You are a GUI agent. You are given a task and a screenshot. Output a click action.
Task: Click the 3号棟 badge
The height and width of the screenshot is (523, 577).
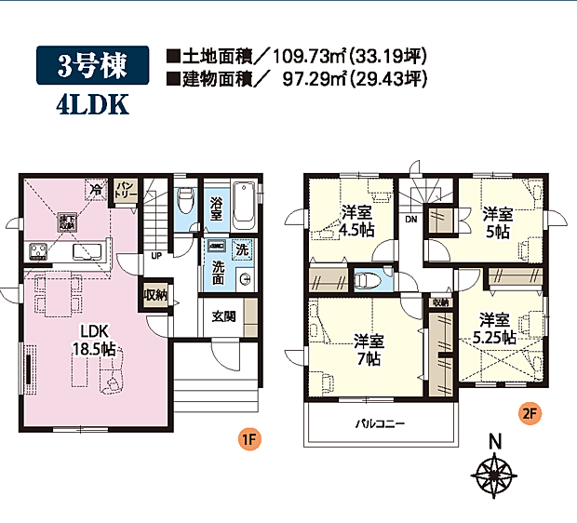(91, 65)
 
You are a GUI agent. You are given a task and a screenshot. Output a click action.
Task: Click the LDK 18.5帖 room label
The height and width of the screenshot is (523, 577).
(90, 341)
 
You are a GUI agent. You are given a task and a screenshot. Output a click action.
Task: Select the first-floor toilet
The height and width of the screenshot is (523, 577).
(184, 200)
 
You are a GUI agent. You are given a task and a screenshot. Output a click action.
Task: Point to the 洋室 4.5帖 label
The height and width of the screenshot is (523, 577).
(356, 221)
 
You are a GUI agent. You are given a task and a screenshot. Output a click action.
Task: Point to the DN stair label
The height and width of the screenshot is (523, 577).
(410, 220)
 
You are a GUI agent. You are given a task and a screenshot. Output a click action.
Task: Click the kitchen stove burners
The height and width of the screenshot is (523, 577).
(40, 252)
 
